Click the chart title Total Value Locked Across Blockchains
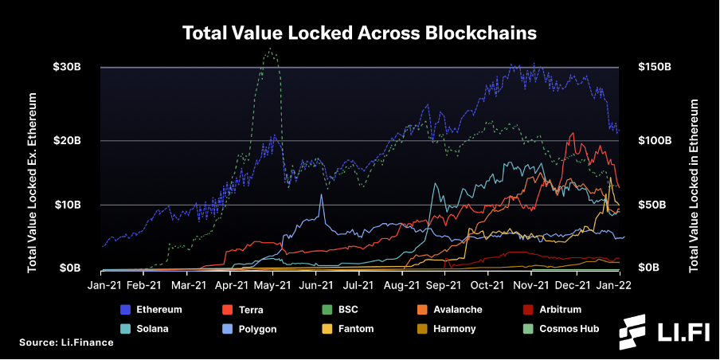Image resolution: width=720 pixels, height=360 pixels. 359,33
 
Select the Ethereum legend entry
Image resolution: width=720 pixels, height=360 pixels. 151,310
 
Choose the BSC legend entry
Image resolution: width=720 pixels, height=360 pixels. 340,310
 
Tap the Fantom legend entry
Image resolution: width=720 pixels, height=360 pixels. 347,329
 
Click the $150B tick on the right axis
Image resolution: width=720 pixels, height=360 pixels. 655,67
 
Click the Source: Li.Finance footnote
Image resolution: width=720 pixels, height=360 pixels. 66,342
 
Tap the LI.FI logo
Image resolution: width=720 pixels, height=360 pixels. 663,331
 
